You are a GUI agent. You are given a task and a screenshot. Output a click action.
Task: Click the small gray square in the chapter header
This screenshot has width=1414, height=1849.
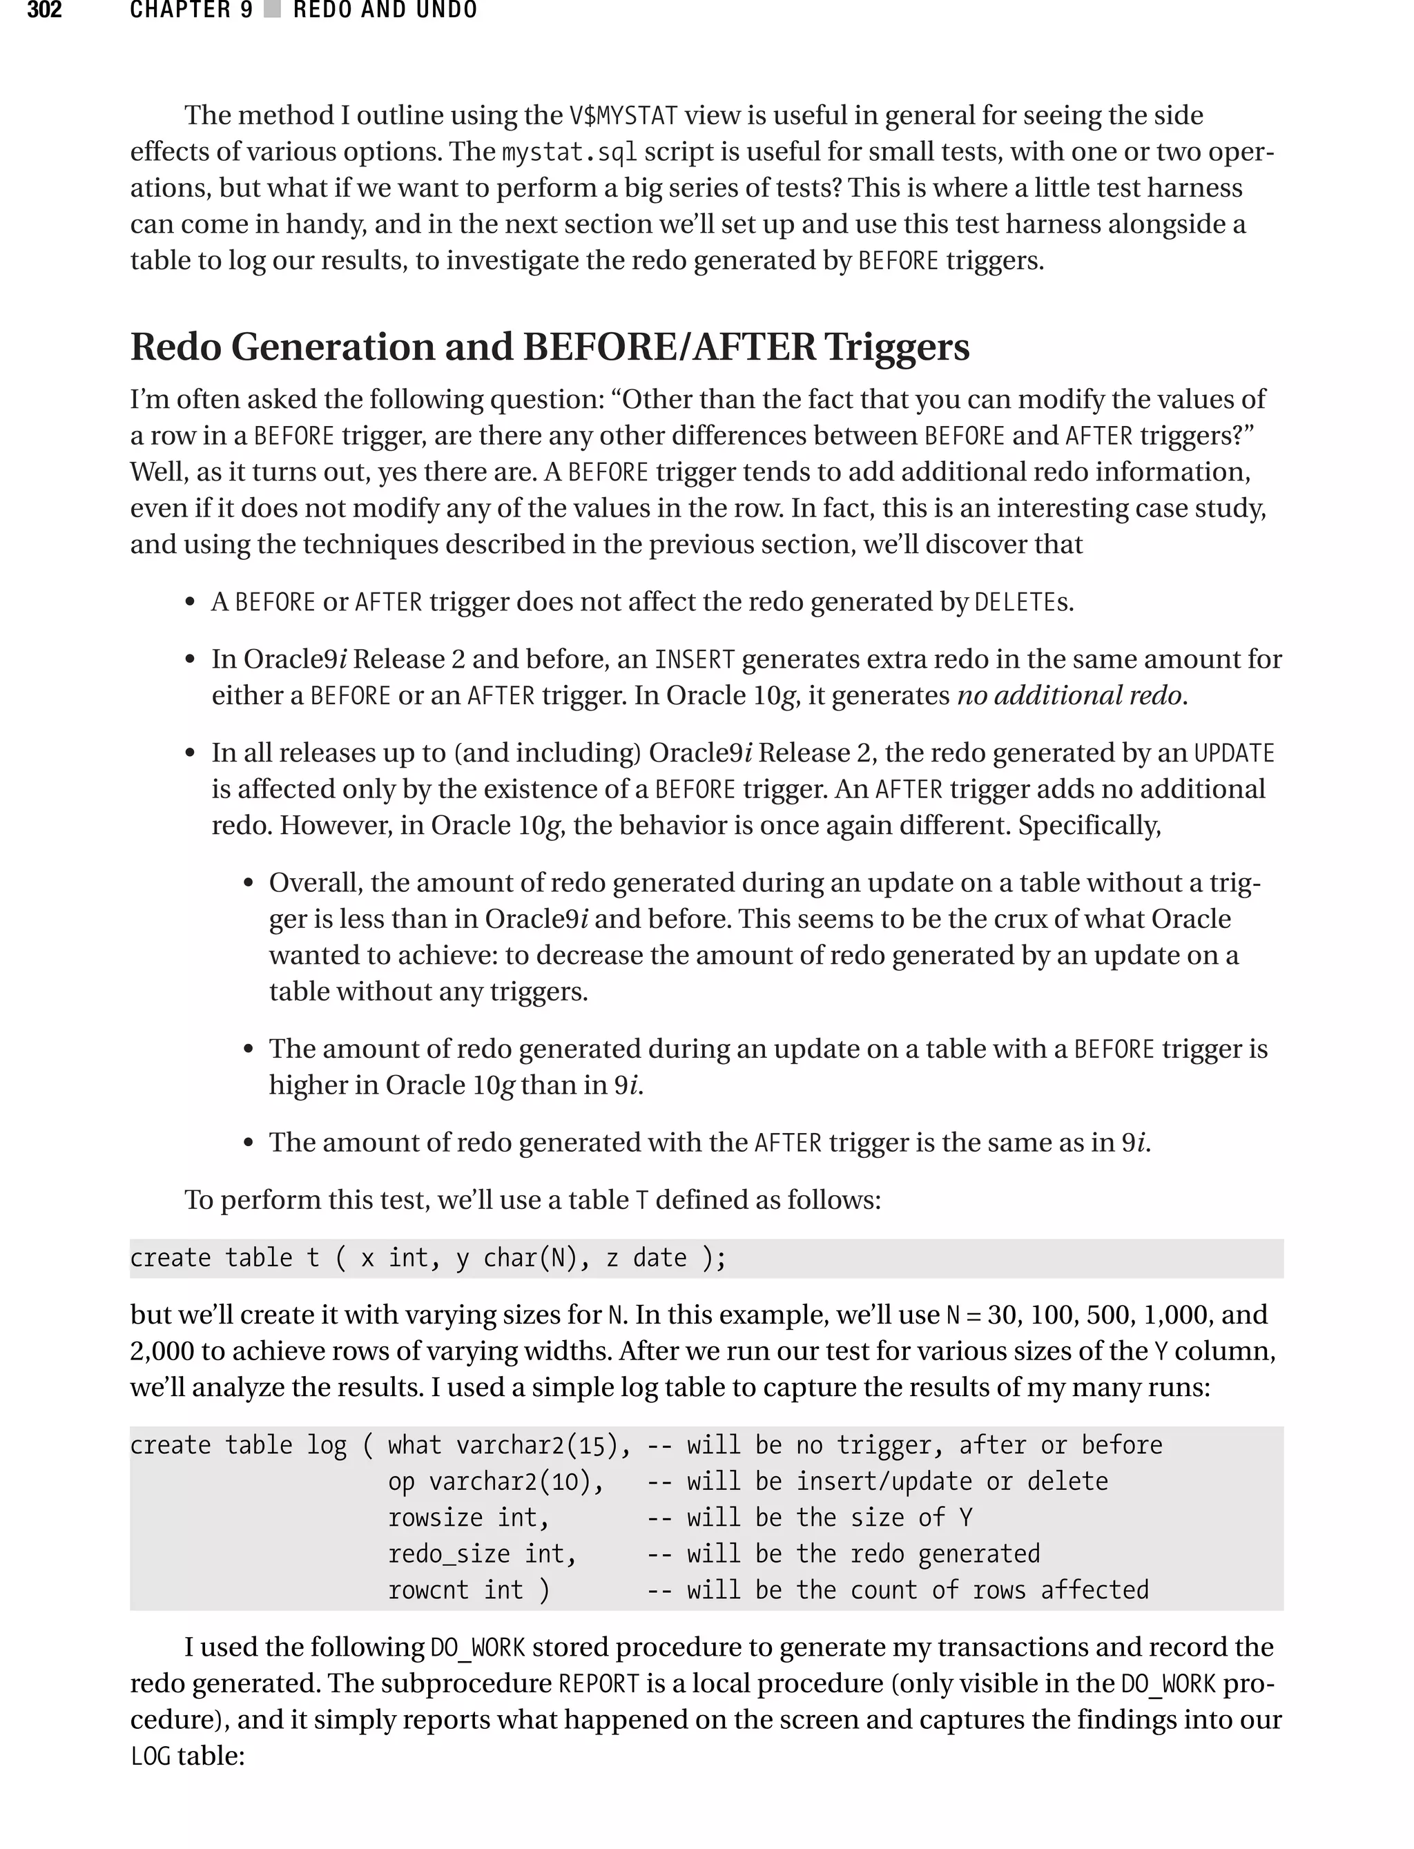click(x=272, y=10)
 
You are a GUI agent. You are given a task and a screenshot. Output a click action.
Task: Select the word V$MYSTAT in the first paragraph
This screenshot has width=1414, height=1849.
click(x=623, y=115)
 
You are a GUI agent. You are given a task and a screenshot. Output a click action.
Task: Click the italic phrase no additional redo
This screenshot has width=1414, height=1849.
click(x=1071, y=695)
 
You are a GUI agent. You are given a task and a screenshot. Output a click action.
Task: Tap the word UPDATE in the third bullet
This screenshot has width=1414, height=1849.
click(x=1234, y=753)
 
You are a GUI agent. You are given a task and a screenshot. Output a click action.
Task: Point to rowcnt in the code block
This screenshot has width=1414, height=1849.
click(x=427, y=1590)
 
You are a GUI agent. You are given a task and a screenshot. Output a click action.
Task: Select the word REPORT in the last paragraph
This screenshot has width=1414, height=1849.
click(x=599, y=1683)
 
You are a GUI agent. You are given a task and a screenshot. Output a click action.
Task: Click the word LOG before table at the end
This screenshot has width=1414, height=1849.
click(x=151, y=1756)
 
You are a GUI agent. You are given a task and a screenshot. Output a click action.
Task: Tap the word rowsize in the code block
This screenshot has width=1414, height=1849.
click(x=435, y=1518)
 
